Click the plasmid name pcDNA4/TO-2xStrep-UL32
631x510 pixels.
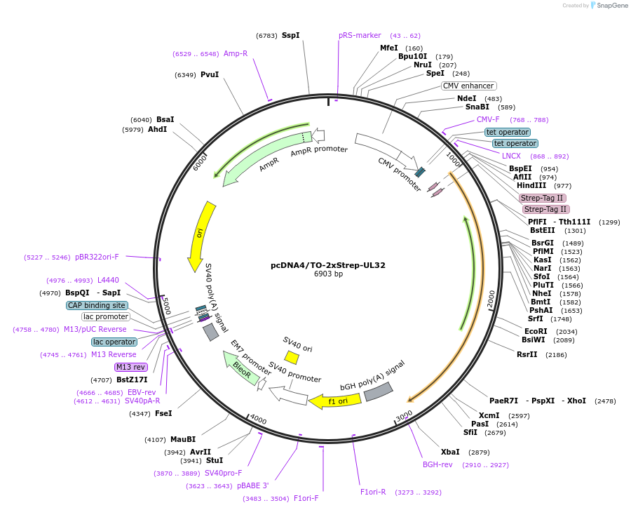pos(328,265)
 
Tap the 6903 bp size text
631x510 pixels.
pos(328,274)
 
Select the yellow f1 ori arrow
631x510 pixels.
pos(337,401)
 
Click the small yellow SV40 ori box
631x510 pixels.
pos(292,358)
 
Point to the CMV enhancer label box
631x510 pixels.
pos(468,86)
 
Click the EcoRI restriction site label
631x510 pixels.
pos(536,331)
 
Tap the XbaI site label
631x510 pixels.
pos(450,452)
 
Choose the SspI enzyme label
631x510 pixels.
pos(290,35)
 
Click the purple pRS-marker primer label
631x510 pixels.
pos(360,35)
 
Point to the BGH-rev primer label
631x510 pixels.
pos(437,464)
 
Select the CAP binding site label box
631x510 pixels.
pos(97,305)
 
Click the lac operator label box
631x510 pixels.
pos(114,342)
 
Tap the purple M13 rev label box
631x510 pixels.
pos(131,367)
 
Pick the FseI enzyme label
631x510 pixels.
pos(163,413)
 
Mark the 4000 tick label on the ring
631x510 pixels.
pos(258,420)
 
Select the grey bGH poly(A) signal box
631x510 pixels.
pos(372,396)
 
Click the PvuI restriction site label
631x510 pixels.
pos(210,74)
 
